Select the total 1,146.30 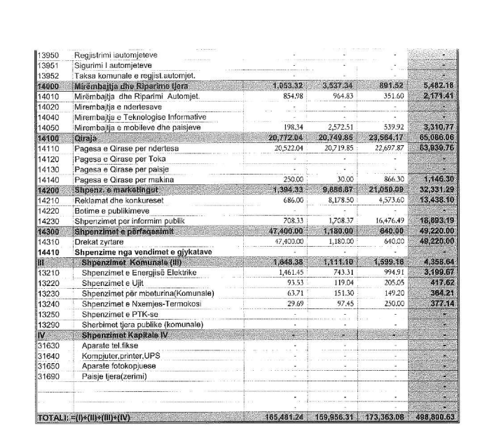click(446, 180)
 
